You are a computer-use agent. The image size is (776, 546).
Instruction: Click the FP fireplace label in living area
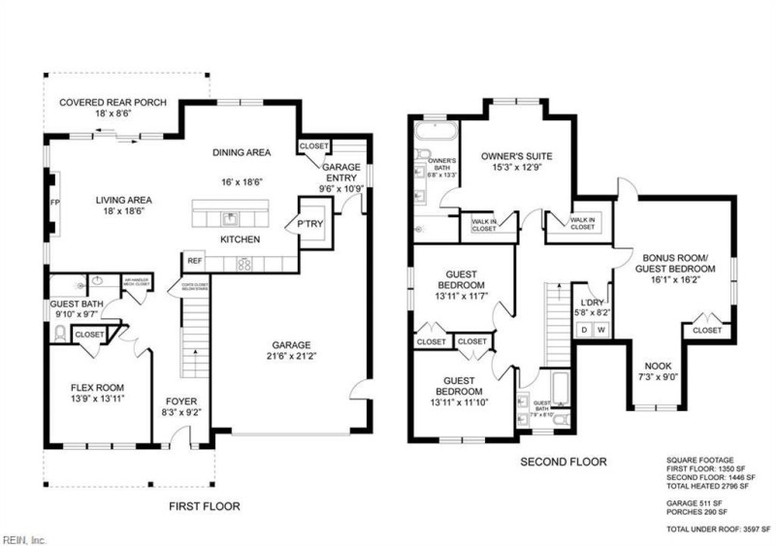pyautogui.click(x=54, y=205)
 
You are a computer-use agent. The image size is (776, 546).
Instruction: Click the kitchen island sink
pyautogui.click(x=231, y=217)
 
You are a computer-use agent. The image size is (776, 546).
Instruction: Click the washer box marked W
pyautogui.click(x=601, y=331)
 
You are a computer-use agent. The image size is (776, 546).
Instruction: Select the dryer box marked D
pyautogui.click(x=584, y=331)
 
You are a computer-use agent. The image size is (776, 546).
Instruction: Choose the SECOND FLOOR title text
pyautogui.click(x=564, y=463)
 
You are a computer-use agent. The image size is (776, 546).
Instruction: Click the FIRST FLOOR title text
pyautogui.click(x=205, y=505)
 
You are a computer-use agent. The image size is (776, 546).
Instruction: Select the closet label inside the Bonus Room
pyautogui.click(x=707, y=331)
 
